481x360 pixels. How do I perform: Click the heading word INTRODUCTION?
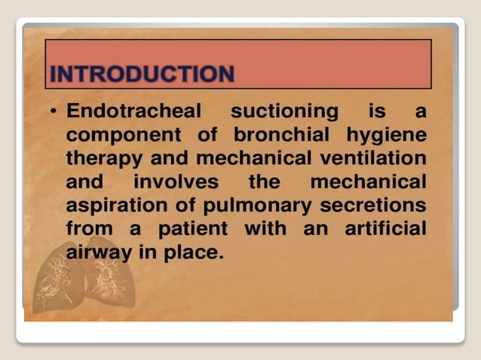142,75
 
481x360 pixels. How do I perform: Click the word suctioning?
284,112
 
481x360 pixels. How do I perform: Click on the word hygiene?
385,136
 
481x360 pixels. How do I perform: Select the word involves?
176,182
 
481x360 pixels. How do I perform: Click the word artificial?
385,227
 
